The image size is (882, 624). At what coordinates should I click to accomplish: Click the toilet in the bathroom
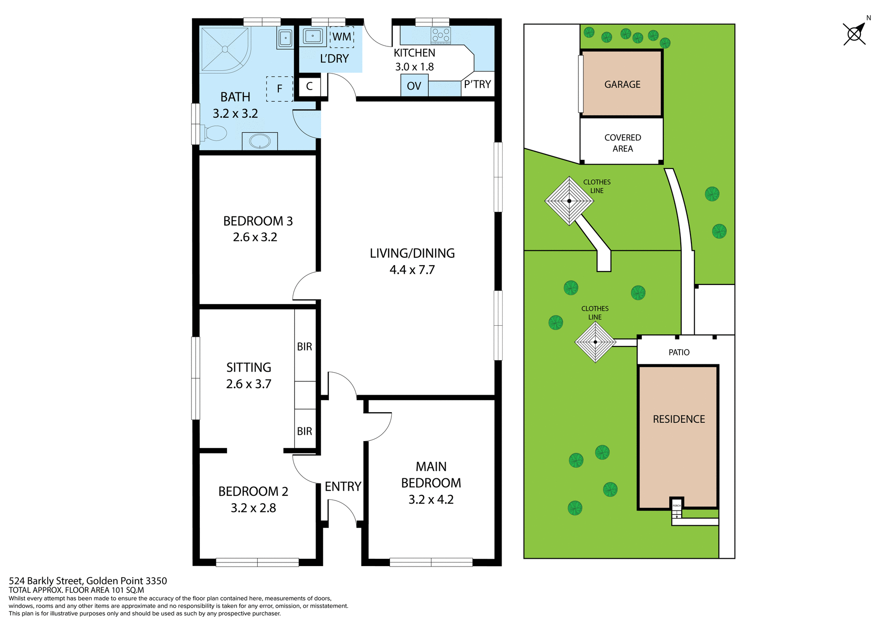[x=214, y=133]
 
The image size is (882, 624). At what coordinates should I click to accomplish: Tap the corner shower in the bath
[x=225, y=49]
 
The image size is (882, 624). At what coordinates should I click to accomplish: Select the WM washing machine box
[x=342, y=37]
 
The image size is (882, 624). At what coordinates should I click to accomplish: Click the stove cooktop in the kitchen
[x=441, y=35]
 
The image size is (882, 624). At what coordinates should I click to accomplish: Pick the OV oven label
[x=414, y=86]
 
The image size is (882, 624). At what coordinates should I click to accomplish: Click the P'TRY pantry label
[x=477, y=85]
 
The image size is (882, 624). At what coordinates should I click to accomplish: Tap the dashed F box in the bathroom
[x=279, y=89]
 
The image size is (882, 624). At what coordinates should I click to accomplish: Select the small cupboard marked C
[x=310, y=86]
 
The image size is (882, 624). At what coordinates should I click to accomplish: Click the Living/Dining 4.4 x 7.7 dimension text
[x=412, y=270]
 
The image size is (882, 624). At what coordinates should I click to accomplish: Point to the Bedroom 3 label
[x=258, y=221]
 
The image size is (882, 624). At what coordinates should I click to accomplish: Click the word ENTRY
[x=343, y=487]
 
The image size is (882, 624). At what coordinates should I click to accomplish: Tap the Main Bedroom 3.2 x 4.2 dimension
[x=431, y=499]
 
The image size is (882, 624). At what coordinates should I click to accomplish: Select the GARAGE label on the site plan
[x=622, y=85]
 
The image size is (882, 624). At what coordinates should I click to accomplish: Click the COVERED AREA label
[x=622, y=143]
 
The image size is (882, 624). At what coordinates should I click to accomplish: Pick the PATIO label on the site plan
[x=678, y=352]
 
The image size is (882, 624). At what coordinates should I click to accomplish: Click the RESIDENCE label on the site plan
[x=678, y=419]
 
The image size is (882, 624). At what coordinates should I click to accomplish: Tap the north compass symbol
[x=855, y=34]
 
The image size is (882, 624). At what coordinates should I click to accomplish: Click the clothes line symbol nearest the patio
[x=595, y=342]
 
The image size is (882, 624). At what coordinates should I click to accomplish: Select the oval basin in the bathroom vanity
[x=260, y=141]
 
